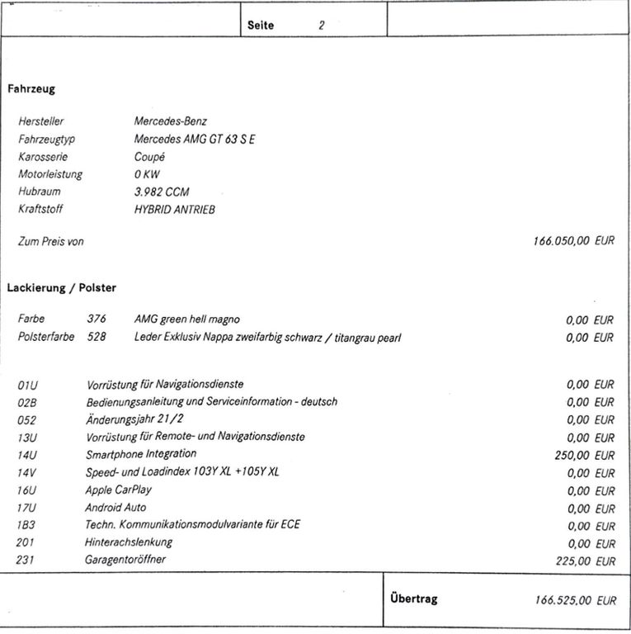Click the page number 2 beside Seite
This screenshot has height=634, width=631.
(x=322, y=26)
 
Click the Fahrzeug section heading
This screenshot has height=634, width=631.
(x=31, y=88)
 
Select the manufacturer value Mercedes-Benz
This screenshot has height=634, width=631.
(x=171, y=121)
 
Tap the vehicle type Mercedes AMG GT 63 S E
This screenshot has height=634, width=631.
(x=195, y=140)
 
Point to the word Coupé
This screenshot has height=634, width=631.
(x=149, y=157)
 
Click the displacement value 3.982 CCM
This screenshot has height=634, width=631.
(x=162, y=192)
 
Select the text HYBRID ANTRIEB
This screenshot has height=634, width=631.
(x=174, y=210)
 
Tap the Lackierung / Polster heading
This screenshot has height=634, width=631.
(x=62, y=288)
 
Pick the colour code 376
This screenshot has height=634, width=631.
(x=97, y=319)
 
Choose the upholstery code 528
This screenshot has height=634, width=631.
(x=97, y=337)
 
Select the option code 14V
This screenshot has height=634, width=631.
(x=28, y=473)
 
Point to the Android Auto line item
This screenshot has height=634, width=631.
(x=115, y=508)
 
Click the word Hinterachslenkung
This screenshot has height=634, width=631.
(x=129, y=542)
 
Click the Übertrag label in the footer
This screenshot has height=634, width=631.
(x=414, y=599)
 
